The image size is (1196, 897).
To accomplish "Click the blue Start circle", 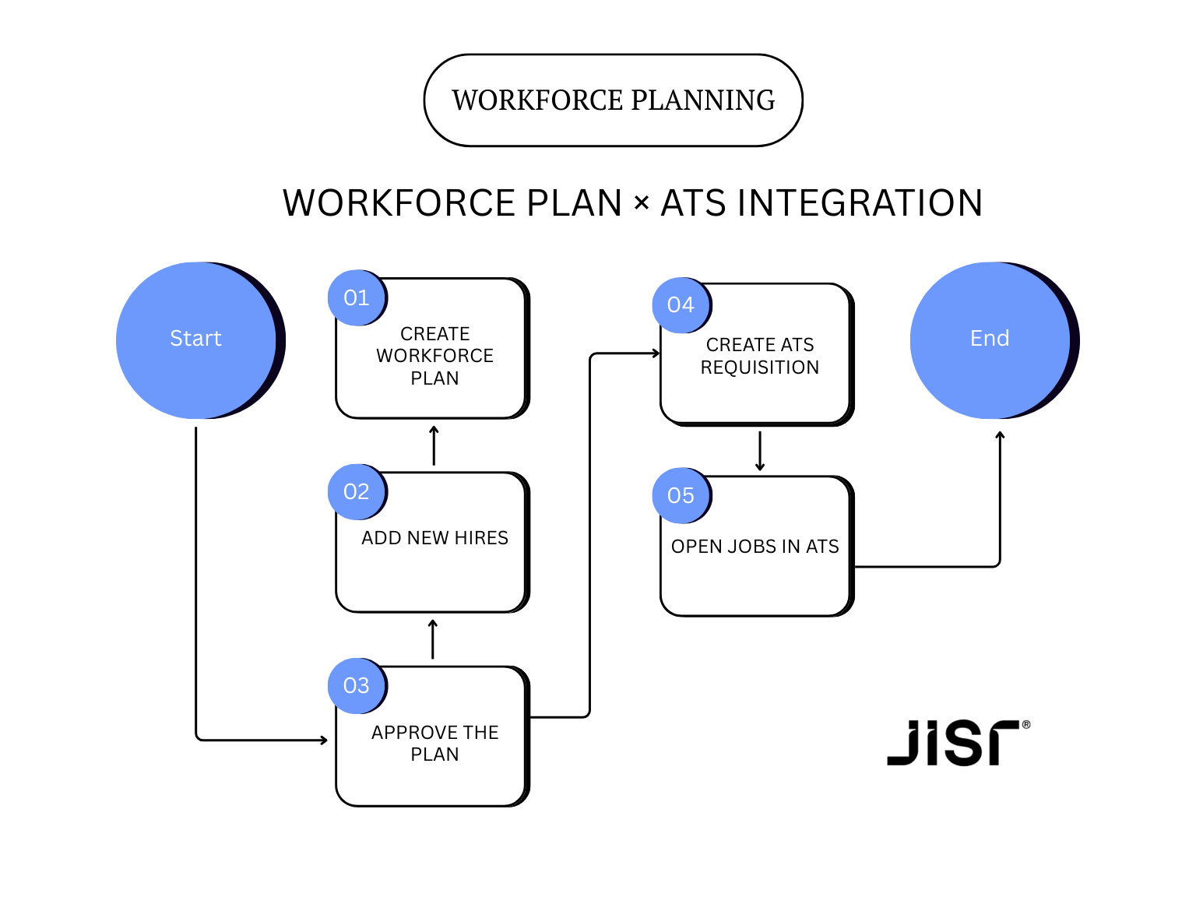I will (196, 339).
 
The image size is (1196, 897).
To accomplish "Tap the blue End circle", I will (990, 339).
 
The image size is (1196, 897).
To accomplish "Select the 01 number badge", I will (357, 297).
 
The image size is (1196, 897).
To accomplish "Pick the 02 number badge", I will (357, 491).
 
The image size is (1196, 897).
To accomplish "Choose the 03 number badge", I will (357, 685).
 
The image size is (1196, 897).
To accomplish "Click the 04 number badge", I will (681, 304).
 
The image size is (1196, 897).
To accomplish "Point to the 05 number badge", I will (681, 495).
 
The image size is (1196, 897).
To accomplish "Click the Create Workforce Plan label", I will (434, 356).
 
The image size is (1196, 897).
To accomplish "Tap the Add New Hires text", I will (434, 538).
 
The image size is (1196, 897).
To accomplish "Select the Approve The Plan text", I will (434, 744).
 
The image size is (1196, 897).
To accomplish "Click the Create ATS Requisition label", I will (759, 356).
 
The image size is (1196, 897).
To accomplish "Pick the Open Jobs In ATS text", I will (755, 547).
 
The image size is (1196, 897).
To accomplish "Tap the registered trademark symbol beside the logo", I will (1026, 725).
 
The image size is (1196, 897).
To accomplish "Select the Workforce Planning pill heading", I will (614, 100).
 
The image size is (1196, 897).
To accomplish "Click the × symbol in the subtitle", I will (642, 203).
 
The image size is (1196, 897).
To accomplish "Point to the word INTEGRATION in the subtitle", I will (860, 203).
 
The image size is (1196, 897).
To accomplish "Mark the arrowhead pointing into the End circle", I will (1000, 436).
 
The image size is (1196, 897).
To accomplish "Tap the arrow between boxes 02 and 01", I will (434, 445).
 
